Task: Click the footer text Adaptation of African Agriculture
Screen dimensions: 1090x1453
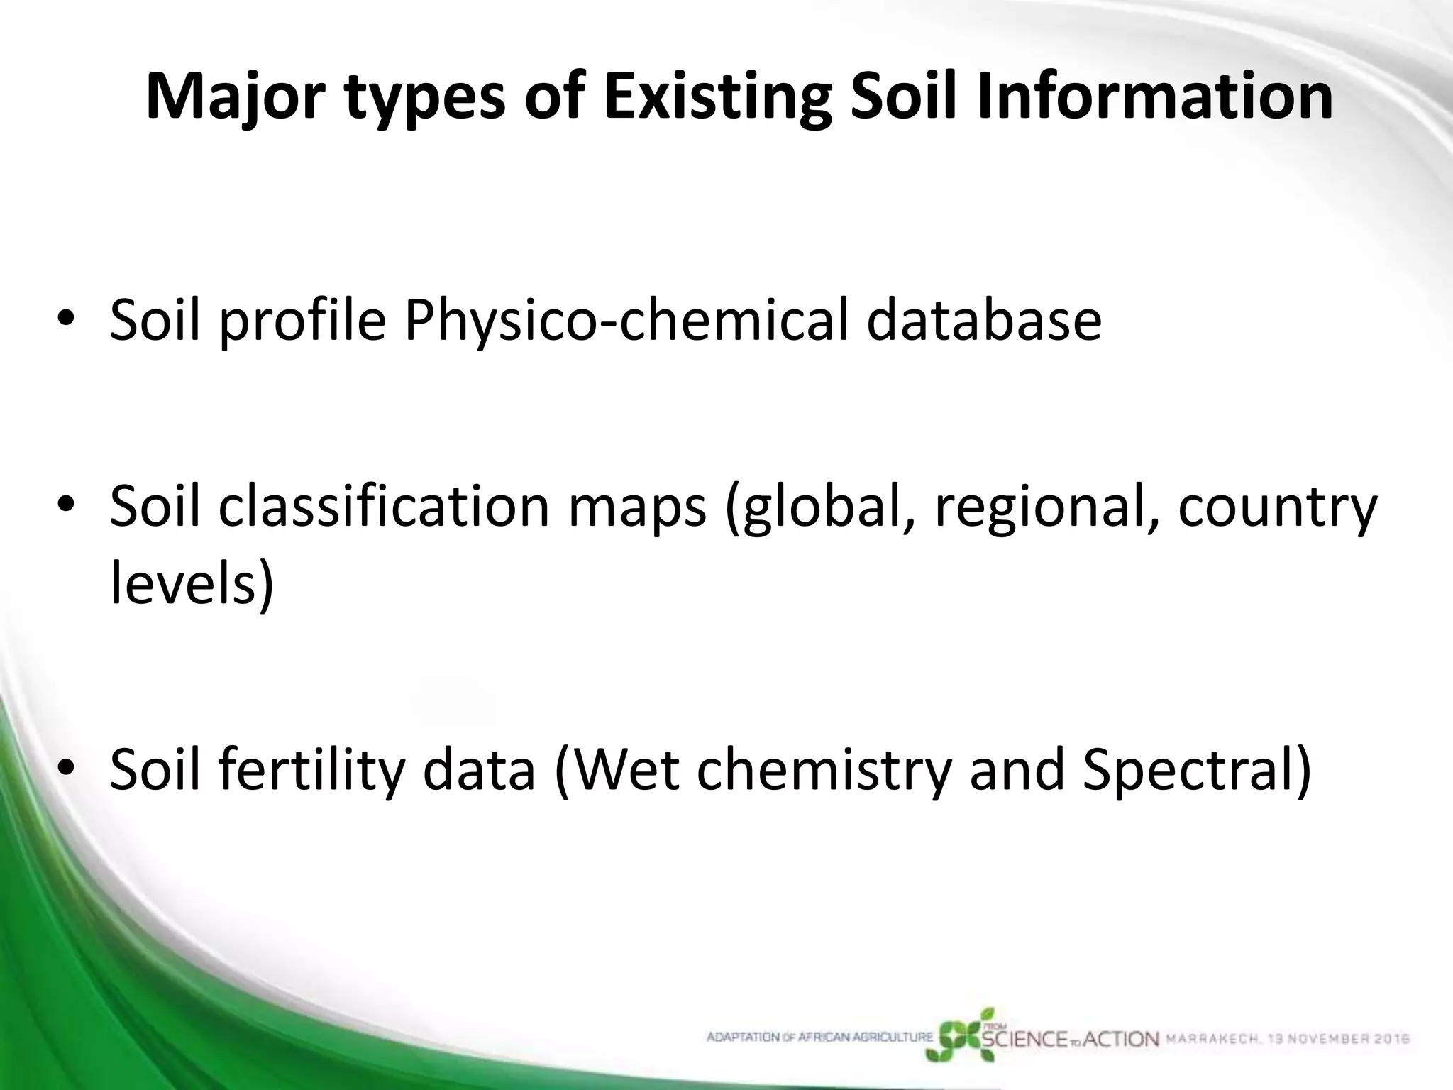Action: pos(820,1037)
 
